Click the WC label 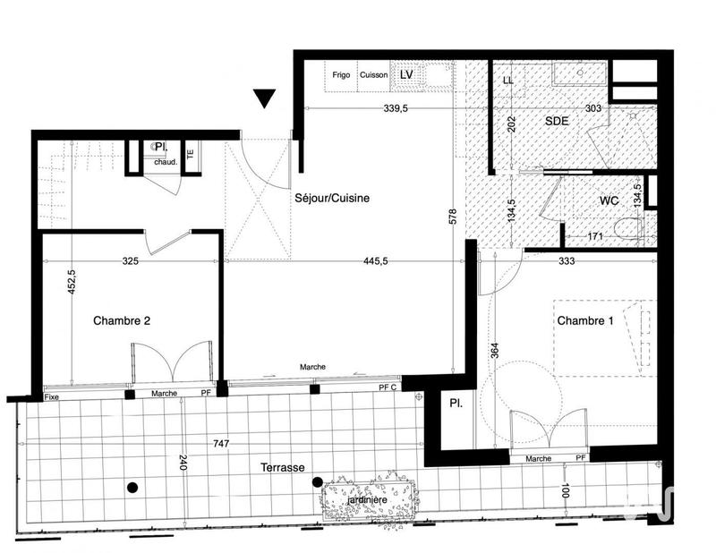pos(609,200)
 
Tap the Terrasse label pos(284,468)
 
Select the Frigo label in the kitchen pos(340,75)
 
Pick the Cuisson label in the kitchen pos(373,75)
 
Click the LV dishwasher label pos(406,75)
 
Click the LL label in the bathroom pos(508,81)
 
